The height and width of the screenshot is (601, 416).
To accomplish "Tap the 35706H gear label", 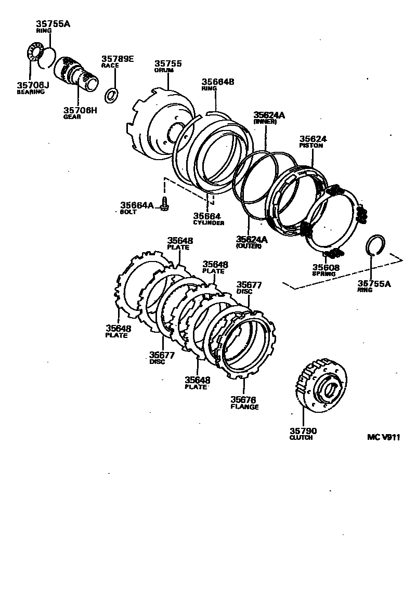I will pos(80,110).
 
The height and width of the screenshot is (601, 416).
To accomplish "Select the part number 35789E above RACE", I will pos(117,59).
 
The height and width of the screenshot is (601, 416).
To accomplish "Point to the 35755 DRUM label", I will pos(167,64).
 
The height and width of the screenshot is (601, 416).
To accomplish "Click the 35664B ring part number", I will pos(218,82).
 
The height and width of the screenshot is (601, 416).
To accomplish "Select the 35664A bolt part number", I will pos(137,205).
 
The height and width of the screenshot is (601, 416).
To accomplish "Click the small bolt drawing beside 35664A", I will pos(164,204).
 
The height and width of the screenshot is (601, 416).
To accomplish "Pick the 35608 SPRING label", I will pos(326,269).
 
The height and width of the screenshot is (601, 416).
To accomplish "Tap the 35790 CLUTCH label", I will pos(303,432).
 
